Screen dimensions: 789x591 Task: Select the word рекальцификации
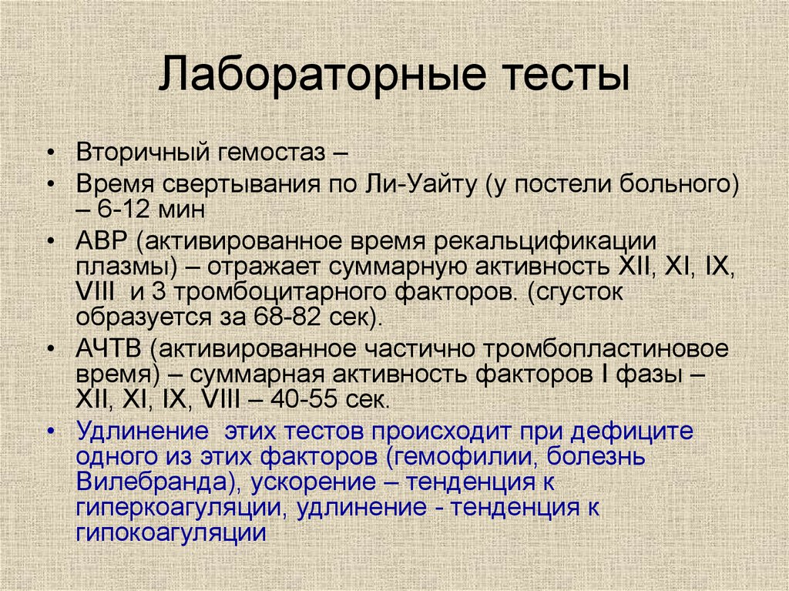click(x=546, y=242)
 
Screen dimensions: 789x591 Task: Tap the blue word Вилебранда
click(x=151, y=482)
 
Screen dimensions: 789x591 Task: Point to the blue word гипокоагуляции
click(x=171, y=533)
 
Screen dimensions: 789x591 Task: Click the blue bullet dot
click(x=50, y=432)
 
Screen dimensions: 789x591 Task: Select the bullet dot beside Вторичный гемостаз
click(x=50, y=153)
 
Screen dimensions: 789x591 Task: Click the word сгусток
click(x=575, y=293)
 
